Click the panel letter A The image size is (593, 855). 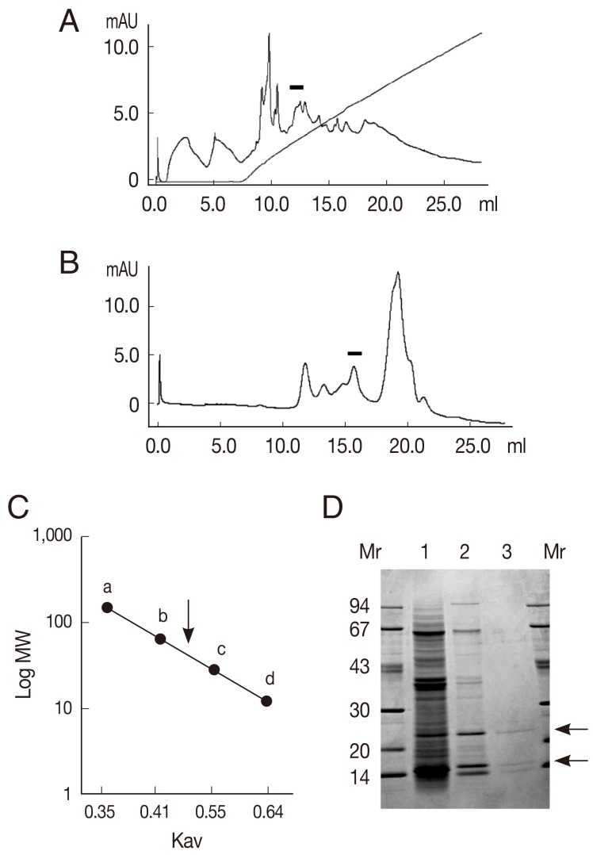tap(69, 21)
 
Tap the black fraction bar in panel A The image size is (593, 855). tap(296, 86)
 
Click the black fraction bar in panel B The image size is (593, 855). tap(354, 353)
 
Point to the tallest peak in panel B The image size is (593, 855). tap(397, 274)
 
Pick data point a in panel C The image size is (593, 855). tap(107, 608)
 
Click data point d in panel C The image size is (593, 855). tap(267, 701)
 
